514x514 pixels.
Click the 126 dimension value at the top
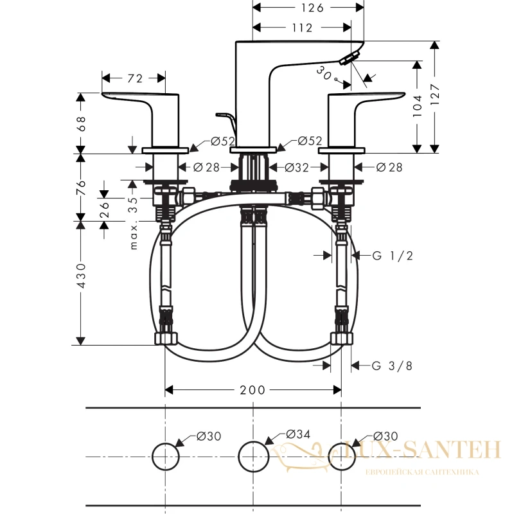tap(312, 8)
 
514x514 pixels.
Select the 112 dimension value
tap(302, 28)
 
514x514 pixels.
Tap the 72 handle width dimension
tap(135, 78)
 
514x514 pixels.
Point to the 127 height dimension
tap(435, 94)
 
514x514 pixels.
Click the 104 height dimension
tap(417, 106)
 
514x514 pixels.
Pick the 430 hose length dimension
tap(81, 276)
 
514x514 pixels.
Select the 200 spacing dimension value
tap(253, 390)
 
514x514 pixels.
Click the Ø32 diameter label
tap(297, 168)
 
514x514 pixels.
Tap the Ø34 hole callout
tap(298, 434)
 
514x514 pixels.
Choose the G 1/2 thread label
tap(393, 255)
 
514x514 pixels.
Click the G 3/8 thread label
tap(392, 366)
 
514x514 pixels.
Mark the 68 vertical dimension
tap(81, 123)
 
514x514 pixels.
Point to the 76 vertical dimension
tap(81, 188)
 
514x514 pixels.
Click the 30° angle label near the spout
tap(326, 75)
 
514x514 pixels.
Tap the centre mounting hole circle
tap(253, 457)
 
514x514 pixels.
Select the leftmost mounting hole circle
tap(166, 457)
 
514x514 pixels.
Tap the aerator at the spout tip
tap(349, 58)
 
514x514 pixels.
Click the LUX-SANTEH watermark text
tap(423, 450)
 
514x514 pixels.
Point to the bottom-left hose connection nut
tap(166, 339)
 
